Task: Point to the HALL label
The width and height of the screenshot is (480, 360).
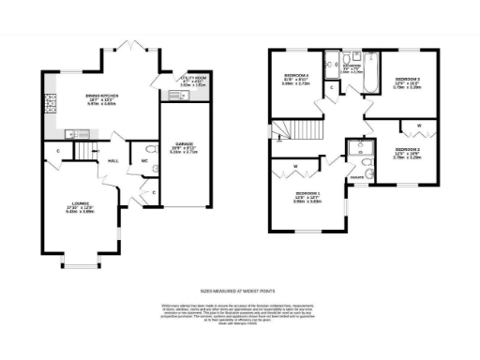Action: pos(113,161)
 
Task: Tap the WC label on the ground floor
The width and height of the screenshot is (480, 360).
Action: pos(144,160)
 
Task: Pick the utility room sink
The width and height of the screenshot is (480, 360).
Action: pos(174,95)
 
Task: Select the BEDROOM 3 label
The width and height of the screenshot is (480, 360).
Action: pos(408,82)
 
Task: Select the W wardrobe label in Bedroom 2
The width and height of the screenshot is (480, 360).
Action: pos(418,124)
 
